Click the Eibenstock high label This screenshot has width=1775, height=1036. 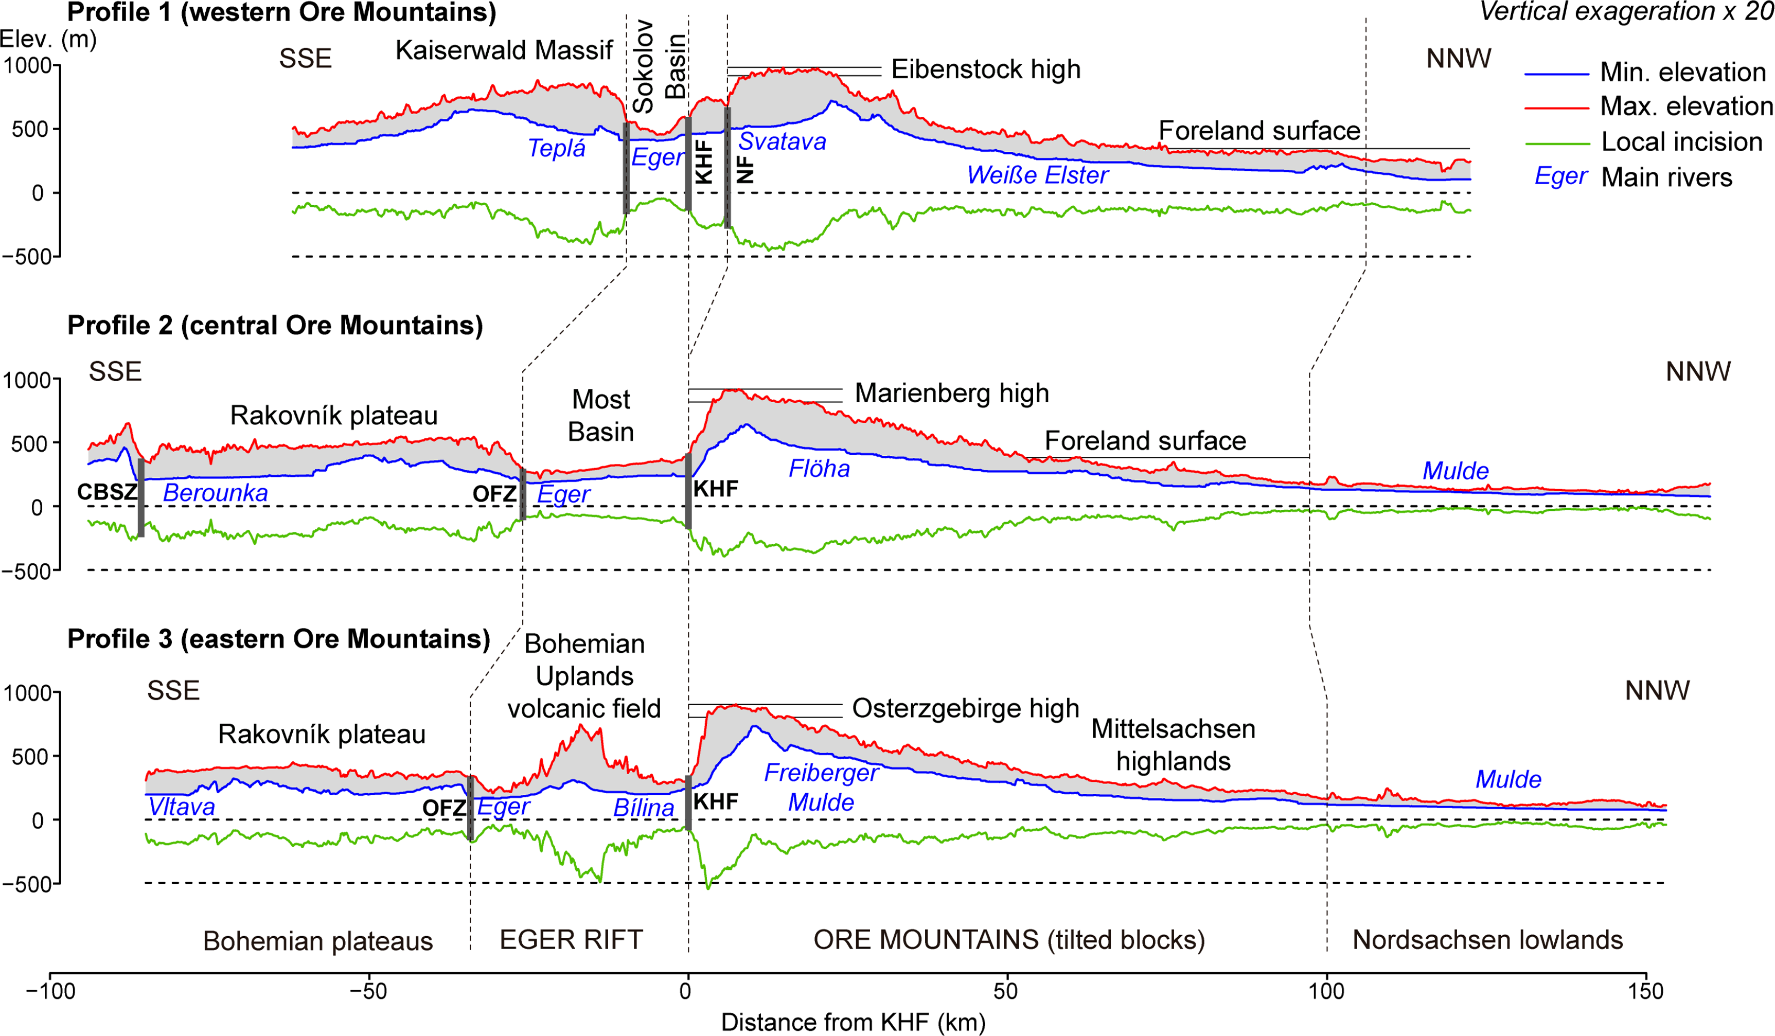tap(985, 69)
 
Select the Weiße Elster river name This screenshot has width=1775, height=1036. tap(1038, 175)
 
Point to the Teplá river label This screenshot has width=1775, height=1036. tap(557, 149)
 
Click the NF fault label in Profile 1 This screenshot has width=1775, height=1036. tap(745, 169)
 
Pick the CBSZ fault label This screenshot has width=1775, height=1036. tap(107, 492)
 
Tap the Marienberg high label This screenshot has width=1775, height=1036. tap(952, 393)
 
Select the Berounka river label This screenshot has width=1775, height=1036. tap(216, 493)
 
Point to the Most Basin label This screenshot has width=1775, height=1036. tap(601, 416)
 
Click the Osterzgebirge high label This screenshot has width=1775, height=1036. tap(965, 708)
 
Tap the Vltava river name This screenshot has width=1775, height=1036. tap(181, 807)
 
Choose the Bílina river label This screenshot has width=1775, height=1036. tap(643, 808)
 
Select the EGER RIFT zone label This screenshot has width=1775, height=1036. tap(571, 939)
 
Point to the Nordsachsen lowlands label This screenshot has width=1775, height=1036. tap(1487, 939)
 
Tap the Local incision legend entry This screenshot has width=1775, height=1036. tap(1681, 141)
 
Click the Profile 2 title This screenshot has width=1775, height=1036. tap(275, 326)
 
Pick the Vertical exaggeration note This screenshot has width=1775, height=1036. tap(1626, 11)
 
